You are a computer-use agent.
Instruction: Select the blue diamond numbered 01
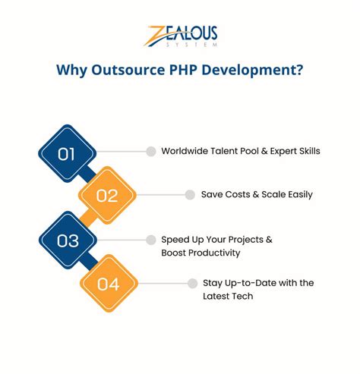tap(67, 152)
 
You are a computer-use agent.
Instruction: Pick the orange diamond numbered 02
tap(107, 196)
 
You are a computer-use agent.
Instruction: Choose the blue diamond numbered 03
tap(67, 241)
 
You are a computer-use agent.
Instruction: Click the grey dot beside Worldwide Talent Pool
tap(151, 151)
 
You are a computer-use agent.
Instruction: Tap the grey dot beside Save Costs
tap(190, 195)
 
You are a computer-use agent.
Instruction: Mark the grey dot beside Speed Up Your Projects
tap(151, 240)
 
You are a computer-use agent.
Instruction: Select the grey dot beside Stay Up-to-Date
tap(192, 284)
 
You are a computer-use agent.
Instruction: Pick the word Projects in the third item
tap(242, 240)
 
